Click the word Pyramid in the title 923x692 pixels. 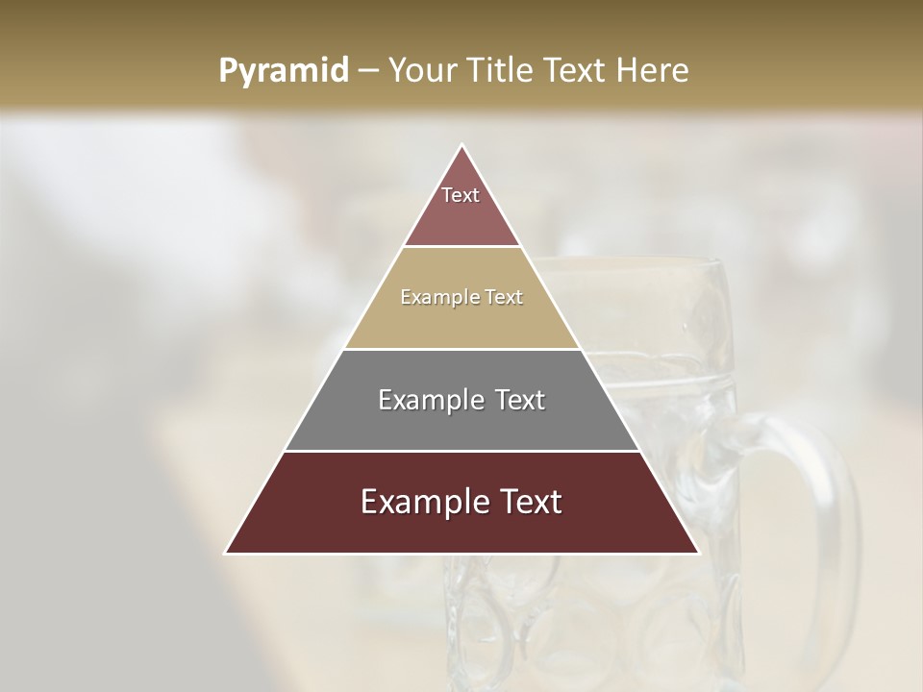[283, 71]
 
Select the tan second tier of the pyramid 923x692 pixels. [461, 322]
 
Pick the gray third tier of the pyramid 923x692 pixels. [461, 423]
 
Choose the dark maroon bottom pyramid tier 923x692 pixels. [461, 529]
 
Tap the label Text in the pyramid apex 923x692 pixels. [461, 195]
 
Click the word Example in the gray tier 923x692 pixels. [429, 400]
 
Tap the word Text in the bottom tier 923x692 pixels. [529, 502]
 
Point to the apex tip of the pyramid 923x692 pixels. [462, 145]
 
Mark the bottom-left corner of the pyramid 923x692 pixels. [226, 553]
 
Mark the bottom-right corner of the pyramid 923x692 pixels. [698, 553]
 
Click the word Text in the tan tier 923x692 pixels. [504, 297]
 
